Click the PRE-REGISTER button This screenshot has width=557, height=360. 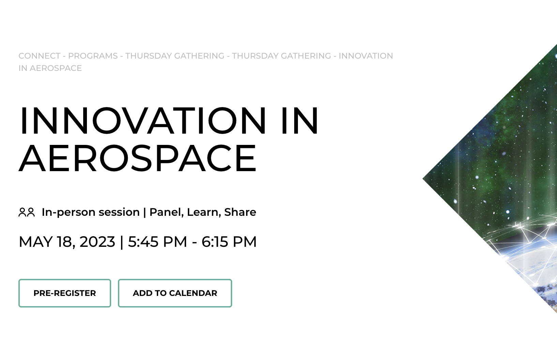tap(65, 293)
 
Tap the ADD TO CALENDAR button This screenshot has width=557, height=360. tap(175, 293)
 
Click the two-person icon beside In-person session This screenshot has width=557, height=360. tap(27, 212)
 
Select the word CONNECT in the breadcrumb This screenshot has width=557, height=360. tap(39, 56)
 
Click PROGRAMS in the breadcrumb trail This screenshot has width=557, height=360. tap(93, 56)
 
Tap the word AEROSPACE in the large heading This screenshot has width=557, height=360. tap(137, 159)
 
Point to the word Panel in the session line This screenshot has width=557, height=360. tap(167, 212)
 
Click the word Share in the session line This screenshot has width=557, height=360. tap(240, 212)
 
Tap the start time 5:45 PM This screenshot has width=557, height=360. tap(157, 242)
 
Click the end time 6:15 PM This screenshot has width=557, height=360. tap(229, 242)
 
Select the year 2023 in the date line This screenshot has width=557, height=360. tap(97, 242)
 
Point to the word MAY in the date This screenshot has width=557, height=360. tap(35, 242)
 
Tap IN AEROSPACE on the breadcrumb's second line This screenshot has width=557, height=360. tap(50, 68)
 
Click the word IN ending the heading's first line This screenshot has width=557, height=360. tap(300, 121)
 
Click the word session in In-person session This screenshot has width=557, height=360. tap(119, 212)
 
